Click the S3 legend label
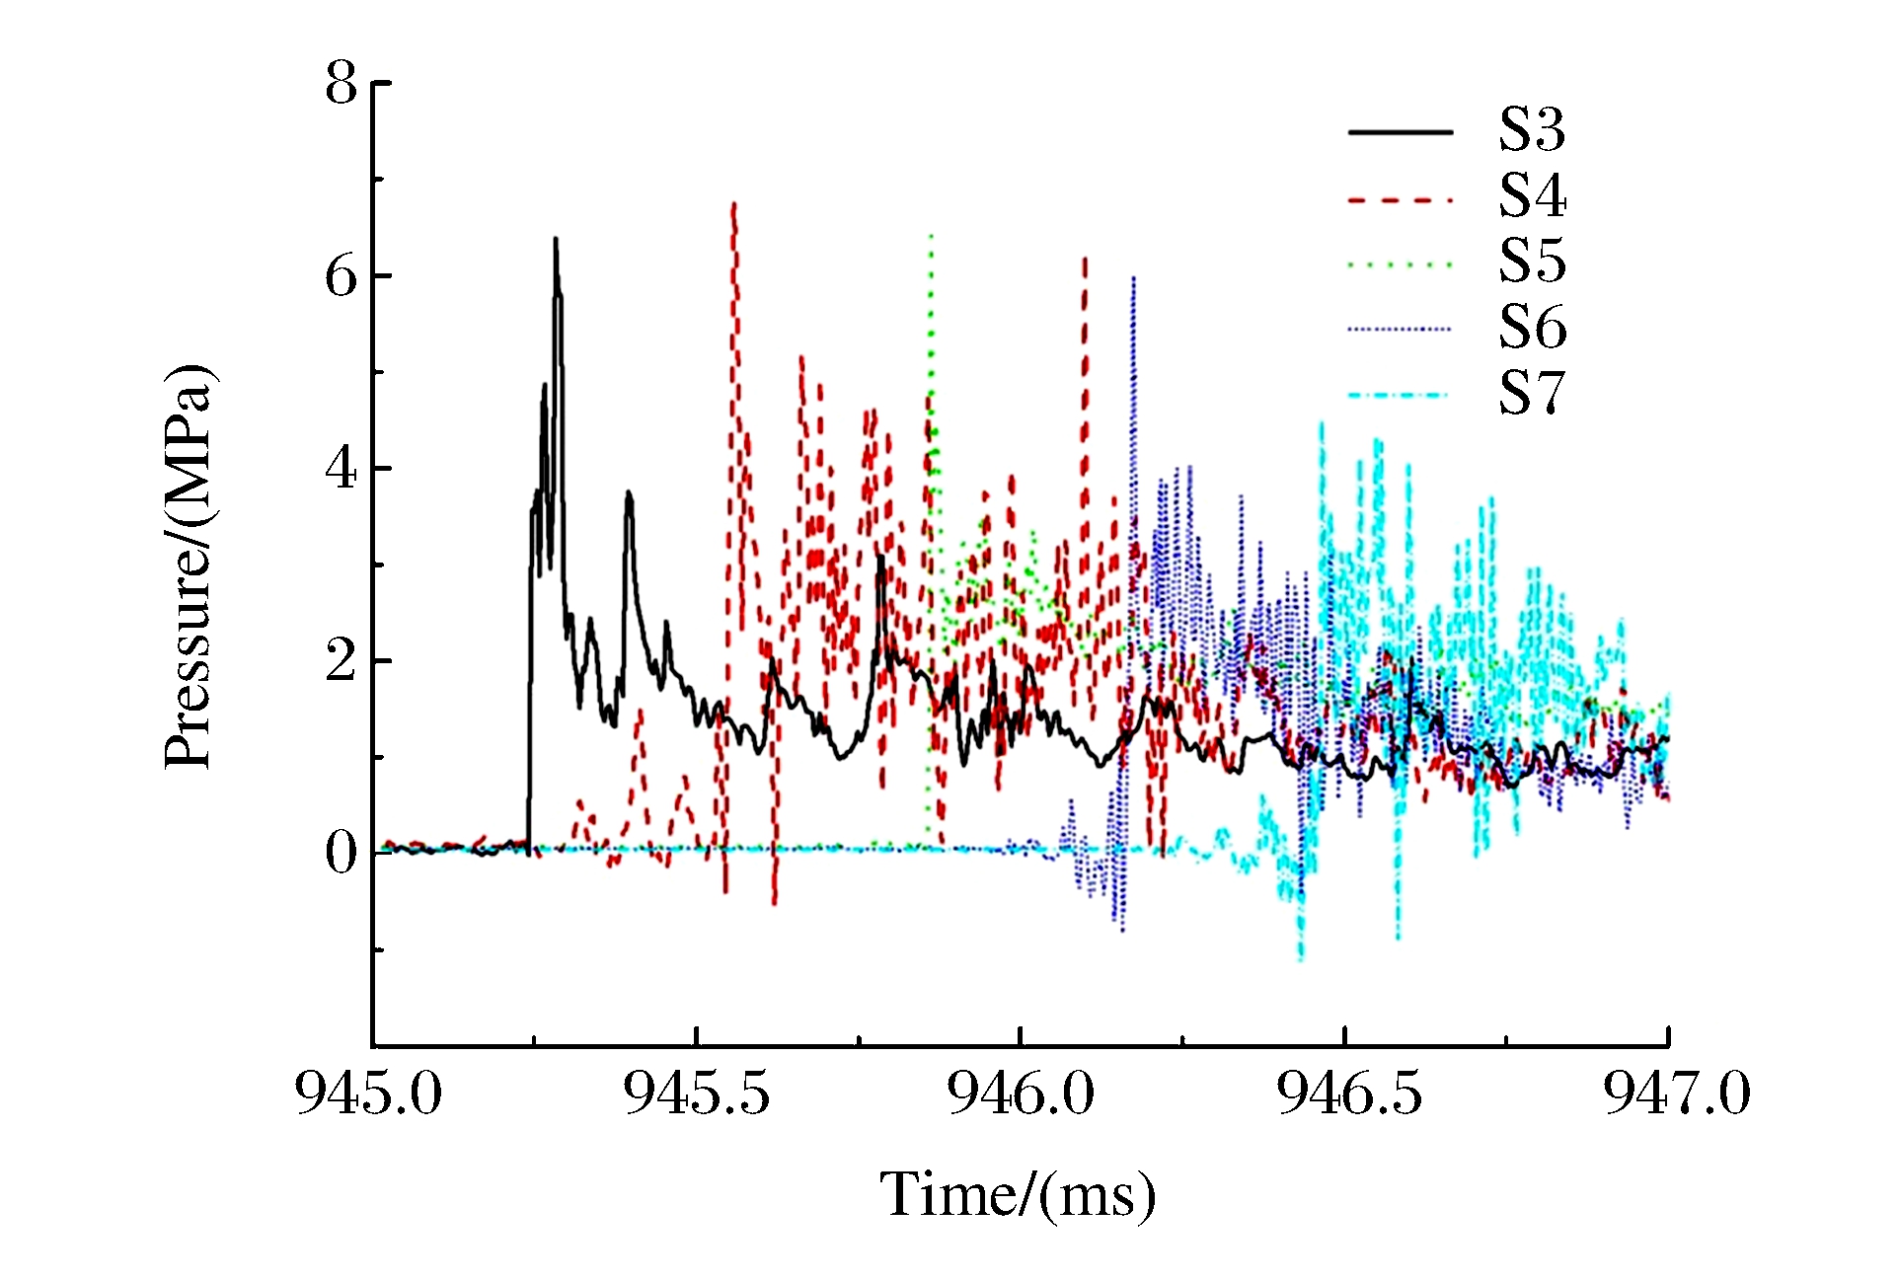pos(1532,130)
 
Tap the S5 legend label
pos(1532,262)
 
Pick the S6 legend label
pos(1532,328)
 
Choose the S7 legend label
pos(1532,393)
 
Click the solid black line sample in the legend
pos(1401,132)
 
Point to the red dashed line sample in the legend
pos(1401,199)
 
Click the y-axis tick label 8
pos(342,83)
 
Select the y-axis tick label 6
pos(342,276)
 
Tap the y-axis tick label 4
pos(342,469)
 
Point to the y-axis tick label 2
pos(342,661)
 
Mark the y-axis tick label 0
pos(342,853)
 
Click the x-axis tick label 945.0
pos(369,1093)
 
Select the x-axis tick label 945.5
pos(696,1093)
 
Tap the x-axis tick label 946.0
pos(1021,1093)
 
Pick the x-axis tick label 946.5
pos(1349,1093)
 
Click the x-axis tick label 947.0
pos(1676,1093)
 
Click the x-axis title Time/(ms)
pos(1018,1196)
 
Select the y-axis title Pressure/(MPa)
pos(189,566)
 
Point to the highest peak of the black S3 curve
pos(556,240)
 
